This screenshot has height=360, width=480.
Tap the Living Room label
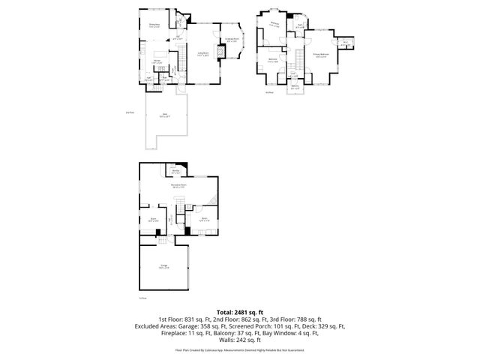[x=202, y=53]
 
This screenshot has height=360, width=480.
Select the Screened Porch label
[x=232, y=39]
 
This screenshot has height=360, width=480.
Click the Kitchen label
[x=158, y=61]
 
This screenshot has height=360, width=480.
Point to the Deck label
[x=164, y=115]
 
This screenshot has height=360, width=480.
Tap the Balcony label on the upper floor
[x=295, y=87]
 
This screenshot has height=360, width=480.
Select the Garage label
[x=163, y=266]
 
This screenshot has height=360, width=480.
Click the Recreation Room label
[x=178, y=184]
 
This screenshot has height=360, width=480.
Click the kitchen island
[x=158, y=68]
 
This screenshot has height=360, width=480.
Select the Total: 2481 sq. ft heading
[x=239, y=311]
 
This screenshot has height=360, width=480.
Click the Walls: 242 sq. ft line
[x=239, y=340]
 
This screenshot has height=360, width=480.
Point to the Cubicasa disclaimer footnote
[x=239, y=349]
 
